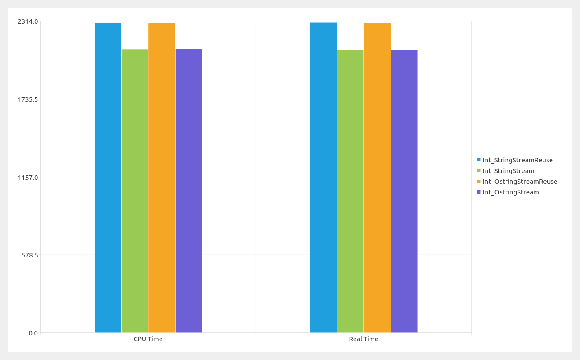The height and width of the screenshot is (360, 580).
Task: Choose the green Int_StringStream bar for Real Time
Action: [350, 191]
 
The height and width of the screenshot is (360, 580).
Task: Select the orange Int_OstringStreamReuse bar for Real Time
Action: [377, 178]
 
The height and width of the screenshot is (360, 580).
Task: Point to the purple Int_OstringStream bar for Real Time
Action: [404, 191]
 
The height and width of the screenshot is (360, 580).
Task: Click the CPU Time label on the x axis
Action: [148, 339]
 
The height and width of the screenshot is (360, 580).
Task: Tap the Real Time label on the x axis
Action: [363, 339]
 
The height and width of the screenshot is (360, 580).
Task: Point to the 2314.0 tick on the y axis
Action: [28, 21]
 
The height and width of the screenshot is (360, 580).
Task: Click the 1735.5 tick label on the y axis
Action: [28, 99]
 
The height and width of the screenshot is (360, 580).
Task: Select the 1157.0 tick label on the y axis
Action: [28, 177]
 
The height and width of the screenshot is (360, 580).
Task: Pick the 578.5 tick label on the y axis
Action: [29, 255]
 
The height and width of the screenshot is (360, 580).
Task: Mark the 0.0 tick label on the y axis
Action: [33, 333]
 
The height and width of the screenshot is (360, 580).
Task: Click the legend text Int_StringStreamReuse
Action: [518, 160]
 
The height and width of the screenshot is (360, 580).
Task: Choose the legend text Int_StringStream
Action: [508, 171]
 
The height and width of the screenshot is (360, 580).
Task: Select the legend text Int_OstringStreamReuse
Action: [520, 182]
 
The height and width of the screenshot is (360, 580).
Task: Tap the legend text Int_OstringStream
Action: [510, 192]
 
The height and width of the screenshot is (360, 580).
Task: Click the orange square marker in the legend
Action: [479, 182]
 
